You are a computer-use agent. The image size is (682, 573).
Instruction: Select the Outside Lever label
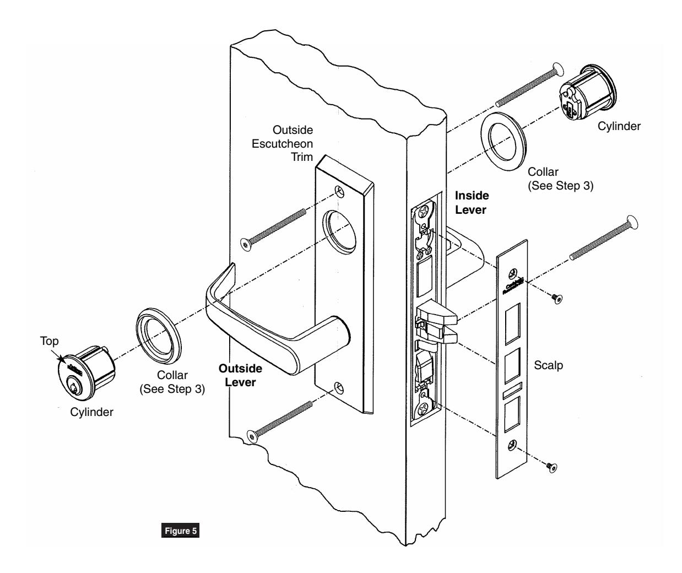coord(240,375)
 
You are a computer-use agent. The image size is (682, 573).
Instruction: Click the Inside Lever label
coord(472,202)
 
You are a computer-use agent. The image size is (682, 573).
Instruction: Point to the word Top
coord(49,342)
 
